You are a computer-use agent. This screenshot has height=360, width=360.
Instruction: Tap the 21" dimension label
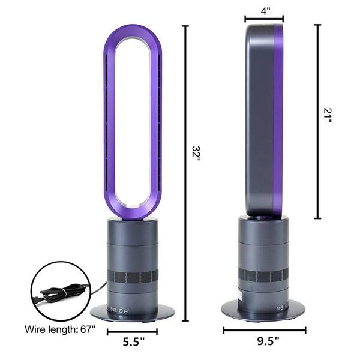(x=327, y=115)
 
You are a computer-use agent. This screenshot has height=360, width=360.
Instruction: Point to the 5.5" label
(x=133, y=342)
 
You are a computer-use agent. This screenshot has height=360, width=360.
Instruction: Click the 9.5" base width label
(x=268, y=341)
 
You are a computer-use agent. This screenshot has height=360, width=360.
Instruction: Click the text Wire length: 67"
(x=59, y=329)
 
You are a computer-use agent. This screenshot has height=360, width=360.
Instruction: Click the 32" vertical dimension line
(x=185, y=173)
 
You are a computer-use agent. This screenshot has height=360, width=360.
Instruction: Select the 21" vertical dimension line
(x=317, y=121)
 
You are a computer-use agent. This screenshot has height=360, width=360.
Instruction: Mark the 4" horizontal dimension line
(x=264, y=19)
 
